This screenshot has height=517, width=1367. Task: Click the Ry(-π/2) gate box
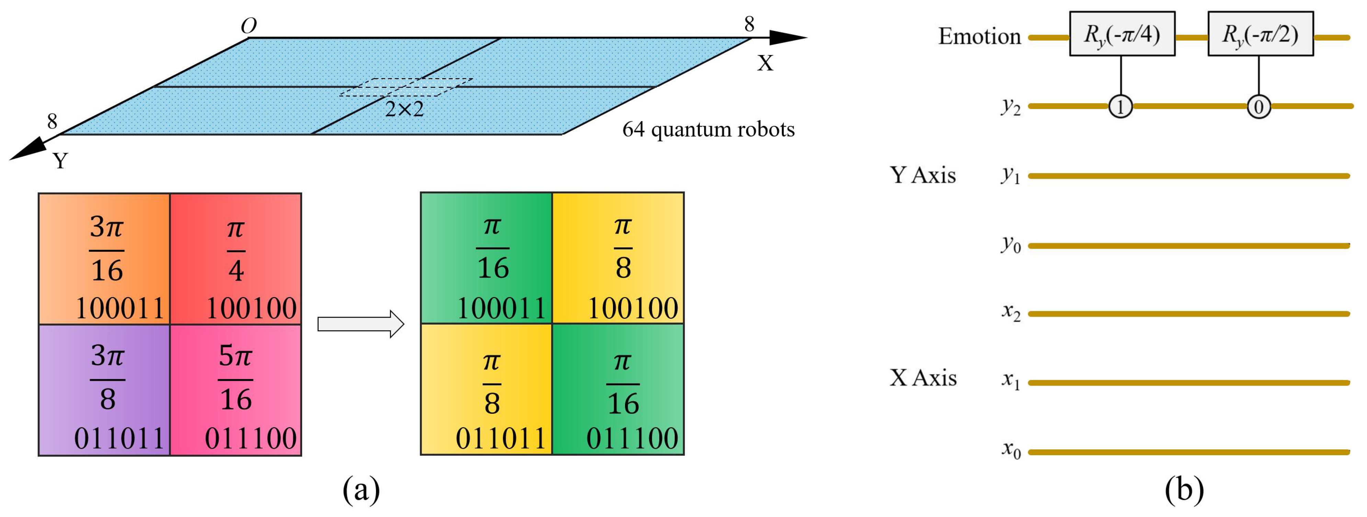point(1260,34)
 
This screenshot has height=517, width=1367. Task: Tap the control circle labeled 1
point(1120,107)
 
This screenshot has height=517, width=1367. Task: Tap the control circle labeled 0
point(1258,107)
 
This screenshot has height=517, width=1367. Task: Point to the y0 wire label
point(1010,245)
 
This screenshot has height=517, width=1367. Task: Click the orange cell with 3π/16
point(104,259)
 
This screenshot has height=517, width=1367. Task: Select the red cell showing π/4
point(236,259)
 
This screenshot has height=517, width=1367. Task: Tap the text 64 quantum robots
point(708,129)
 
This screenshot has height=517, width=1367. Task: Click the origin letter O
point(248,25)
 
